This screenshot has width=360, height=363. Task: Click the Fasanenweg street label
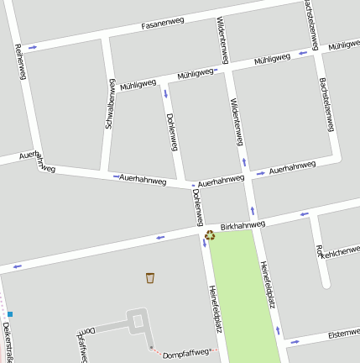point(163,25)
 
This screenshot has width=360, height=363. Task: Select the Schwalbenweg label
point(109,104)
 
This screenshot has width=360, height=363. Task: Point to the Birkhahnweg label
point(243,225)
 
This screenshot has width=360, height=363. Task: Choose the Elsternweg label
point(344,334)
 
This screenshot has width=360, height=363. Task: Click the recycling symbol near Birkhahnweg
point(210,235)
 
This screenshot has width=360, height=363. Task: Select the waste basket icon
point(150,278)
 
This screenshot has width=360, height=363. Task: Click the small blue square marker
point(10,314)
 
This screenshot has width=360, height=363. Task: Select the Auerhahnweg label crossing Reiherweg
point(37,161)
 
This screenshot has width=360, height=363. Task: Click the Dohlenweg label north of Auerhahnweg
point(171,132)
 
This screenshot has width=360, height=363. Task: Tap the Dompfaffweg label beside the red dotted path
point(185,353)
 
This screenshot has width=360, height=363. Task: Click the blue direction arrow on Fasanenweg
point(33,47)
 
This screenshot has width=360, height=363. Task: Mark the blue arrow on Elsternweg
point(295,341)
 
